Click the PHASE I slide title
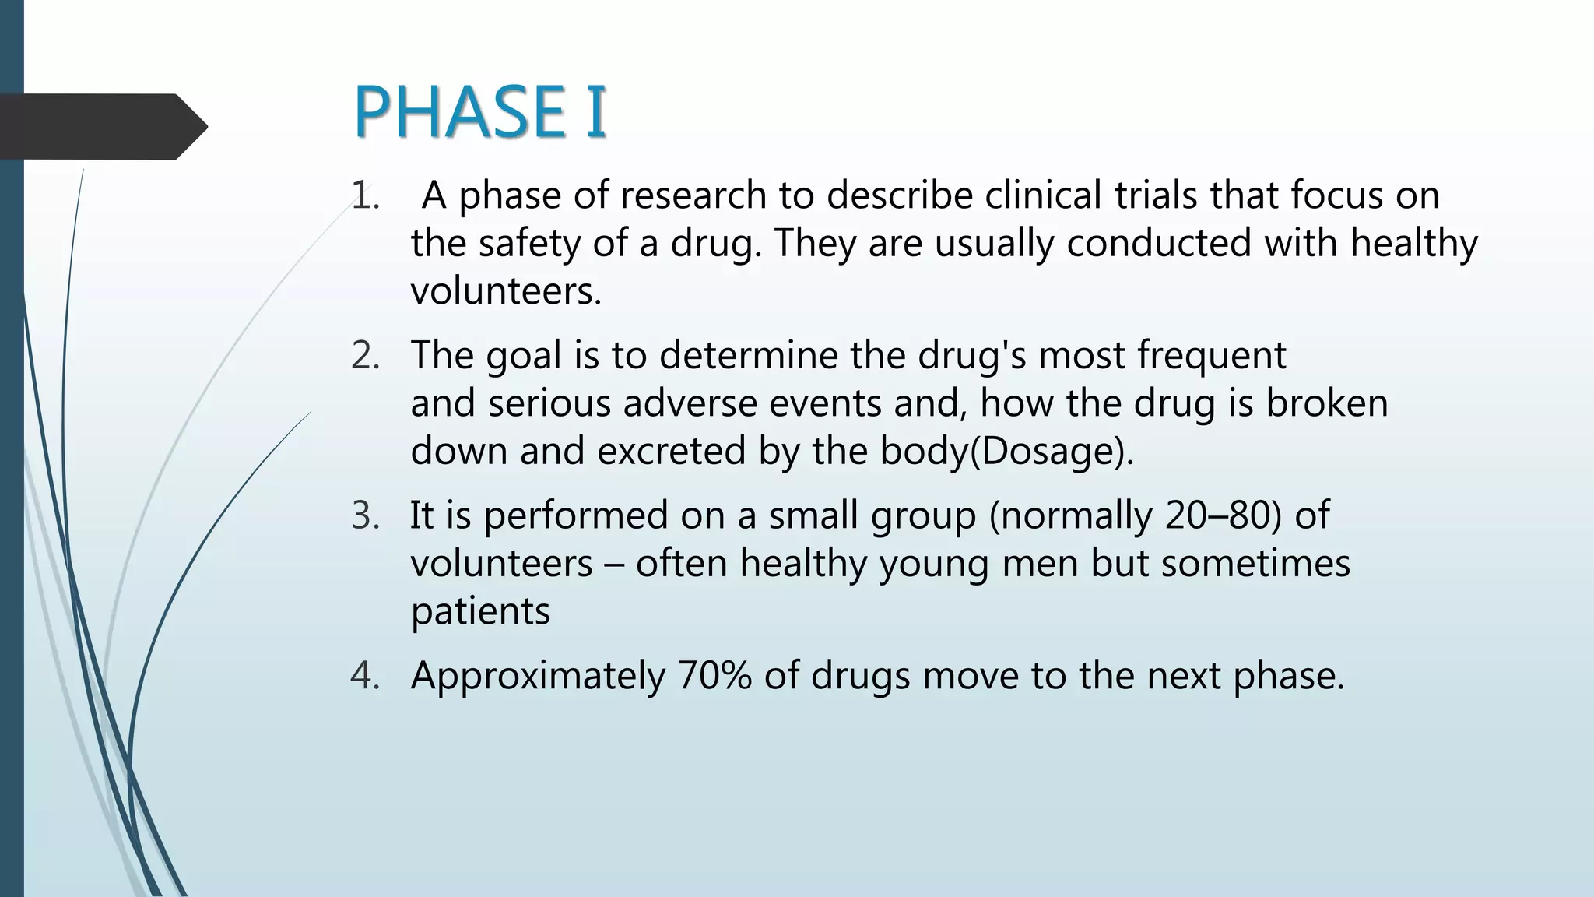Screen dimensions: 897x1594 tap(479, 112)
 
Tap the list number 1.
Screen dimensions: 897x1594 tap(364, 195)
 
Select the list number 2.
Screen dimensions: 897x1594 tap(365, 356)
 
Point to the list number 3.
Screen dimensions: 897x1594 tap(365, 516)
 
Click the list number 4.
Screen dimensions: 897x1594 tap(365, 676)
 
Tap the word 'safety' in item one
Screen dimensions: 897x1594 tap(528, 244)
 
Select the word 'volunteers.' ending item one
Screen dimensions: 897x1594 tap(506, 292)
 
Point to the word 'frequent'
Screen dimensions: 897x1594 tap(1211, 356)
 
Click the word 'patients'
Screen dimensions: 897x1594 tap(480, 612)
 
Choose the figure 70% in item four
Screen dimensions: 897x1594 tap(714, 676)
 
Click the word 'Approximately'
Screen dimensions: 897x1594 tap(538, 676)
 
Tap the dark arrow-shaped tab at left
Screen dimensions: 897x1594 tap(101, 127)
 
